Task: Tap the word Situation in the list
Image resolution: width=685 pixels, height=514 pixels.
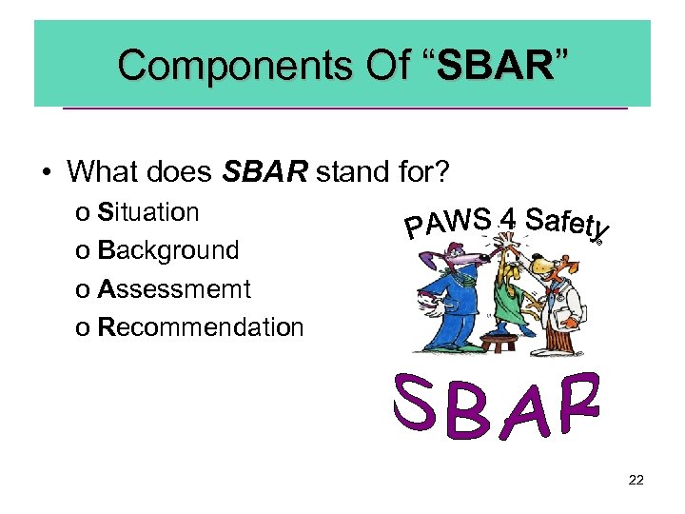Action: point(148,212)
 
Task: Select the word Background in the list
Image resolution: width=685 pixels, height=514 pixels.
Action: point(168,250)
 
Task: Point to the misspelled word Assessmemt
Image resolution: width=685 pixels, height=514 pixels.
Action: point(174,288)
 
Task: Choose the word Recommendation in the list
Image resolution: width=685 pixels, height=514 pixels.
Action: point(201,327)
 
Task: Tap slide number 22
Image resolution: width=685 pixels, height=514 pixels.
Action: point(636,480)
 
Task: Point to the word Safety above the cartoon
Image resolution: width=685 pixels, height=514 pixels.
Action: point(567,224)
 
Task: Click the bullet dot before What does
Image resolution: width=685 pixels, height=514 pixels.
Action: point(45,172)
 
